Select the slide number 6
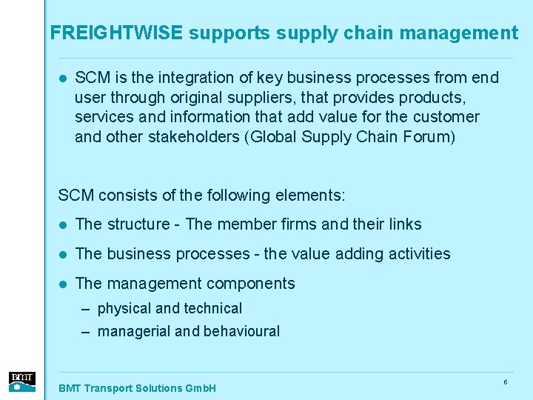tap(505, 382)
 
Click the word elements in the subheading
tap(308, 196)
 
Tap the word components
tap(254, 284)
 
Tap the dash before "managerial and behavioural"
tap(87, 332)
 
